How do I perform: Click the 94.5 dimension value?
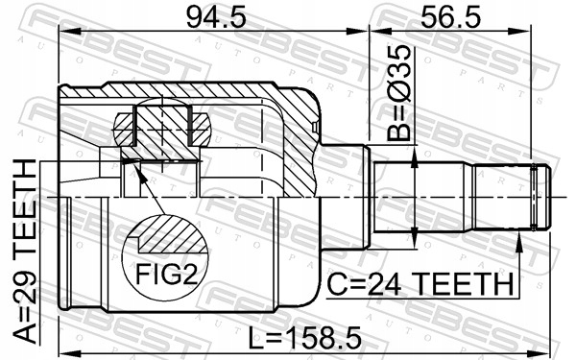pyautogui.click(x=216, y=17)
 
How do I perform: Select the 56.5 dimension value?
pyautogui.click(x=450, y=17)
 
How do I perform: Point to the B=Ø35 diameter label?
pyautogui.click(x=398, y=93)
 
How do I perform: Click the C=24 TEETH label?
pyautogui.click(x=420, y=284)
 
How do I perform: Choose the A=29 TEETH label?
pyautogui.click(x=25, y=252)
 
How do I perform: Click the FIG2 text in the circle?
pyautogui.click(x=167, y=274)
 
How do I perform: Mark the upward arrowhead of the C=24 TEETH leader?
pyautogui.click(x=519, y=242)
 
